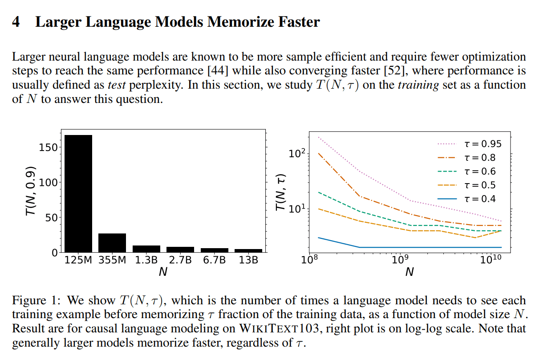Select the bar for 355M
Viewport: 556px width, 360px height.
coord(112,243)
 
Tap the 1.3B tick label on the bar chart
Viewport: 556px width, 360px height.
coord(146,260)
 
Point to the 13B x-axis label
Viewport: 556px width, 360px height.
coord(248,260)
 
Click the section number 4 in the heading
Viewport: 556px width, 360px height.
coord(16,22)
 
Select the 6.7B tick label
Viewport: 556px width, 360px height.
coord(214,260)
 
